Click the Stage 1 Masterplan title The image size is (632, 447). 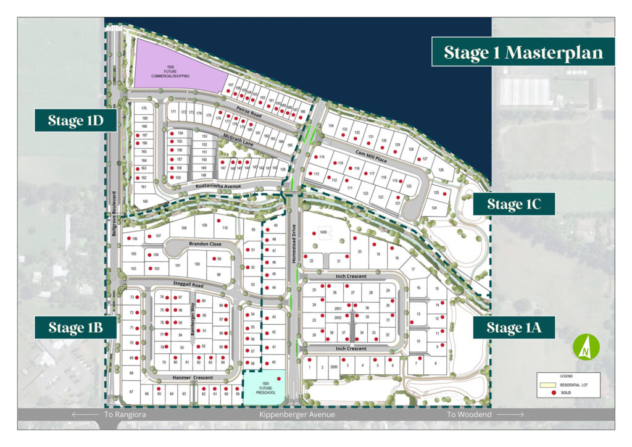(523, 52)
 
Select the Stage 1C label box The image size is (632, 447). (513, 204)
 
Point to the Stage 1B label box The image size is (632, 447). (75, 327)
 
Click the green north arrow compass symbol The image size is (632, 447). (583, 347)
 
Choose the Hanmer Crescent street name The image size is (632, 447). (193, 378)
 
